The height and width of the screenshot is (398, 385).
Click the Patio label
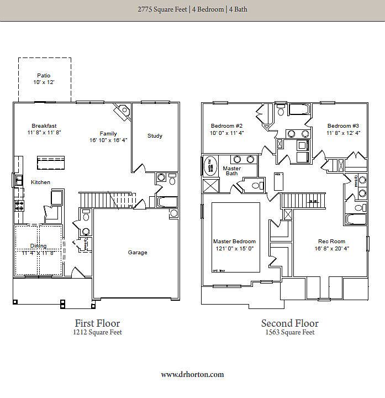click(x=44, y=75)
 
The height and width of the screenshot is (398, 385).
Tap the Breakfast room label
click(x=44, y=125)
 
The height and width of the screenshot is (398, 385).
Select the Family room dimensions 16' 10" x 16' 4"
click(x=108, y=140)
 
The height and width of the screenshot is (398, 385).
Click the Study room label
click(x=155, y=136)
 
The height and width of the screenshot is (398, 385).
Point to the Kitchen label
click(x=40, y=182)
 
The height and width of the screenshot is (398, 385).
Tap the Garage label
click(x=138, y=253)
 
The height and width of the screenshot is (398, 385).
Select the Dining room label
click(x=39, y=246)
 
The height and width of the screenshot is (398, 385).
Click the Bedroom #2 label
click(x=227, y=125)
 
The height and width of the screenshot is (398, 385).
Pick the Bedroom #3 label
click(x=343, y=125)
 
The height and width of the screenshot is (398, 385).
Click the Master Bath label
click(x=232, y=171)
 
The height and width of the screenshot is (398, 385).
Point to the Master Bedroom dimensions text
click(x=235, y=249)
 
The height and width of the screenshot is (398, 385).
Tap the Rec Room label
click(x=331, y=242)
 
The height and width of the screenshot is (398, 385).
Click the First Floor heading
click(x=97, y=323)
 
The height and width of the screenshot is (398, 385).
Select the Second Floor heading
click(x=289, y=323)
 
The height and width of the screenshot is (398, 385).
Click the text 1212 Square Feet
click(x=97, y=333)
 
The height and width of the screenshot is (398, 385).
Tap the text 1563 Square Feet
click(x=289, y=333)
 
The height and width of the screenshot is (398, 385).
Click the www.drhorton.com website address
click(x=192, y=374)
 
